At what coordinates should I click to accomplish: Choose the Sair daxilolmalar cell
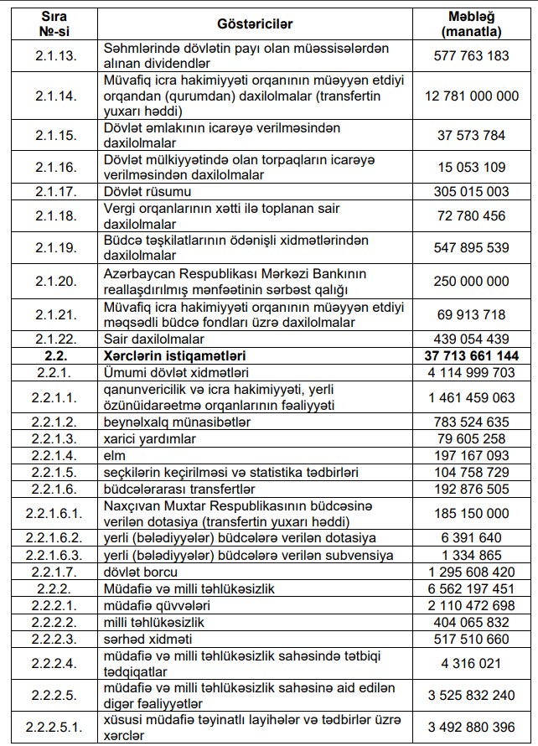tap(153, 339)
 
